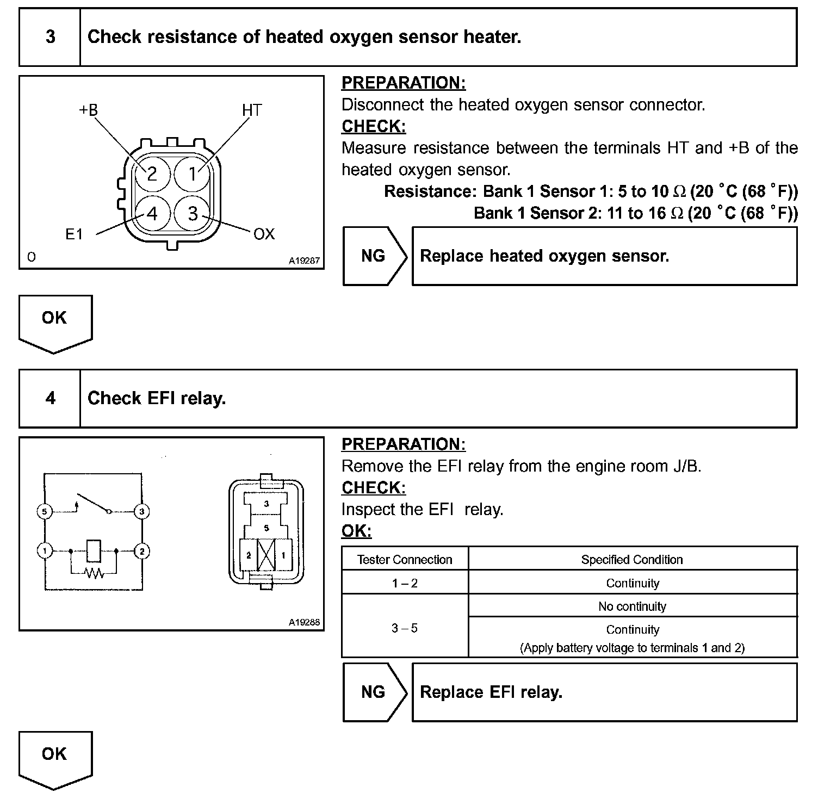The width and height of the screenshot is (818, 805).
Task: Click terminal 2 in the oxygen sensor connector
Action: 152,174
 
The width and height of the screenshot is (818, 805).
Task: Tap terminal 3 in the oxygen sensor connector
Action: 193,213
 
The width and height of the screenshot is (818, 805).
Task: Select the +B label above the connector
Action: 89,110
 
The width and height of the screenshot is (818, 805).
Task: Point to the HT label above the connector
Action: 252,110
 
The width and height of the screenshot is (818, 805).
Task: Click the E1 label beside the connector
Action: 74,234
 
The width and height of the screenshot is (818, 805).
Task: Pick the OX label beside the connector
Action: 264,234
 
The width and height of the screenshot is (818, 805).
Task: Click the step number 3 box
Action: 50,37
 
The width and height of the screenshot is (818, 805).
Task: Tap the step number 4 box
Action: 50,398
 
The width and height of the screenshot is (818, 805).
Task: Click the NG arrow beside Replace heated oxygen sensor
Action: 374,256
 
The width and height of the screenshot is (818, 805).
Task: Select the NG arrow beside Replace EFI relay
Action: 374,692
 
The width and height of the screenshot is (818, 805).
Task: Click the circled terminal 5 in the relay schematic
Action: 45,511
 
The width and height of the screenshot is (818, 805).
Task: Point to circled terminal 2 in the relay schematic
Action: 141,551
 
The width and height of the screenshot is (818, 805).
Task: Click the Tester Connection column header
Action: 405,560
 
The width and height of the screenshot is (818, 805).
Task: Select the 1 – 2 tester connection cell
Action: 405,583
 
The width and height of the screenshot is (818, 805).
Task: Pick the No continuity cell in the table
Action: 632,606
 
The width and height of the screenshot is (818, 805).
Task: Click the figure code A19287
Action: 304,261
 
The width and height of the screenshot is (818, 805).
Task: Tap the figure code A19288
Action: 304,622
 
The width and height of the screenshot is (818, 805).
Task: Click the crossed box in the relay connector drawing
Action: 266,555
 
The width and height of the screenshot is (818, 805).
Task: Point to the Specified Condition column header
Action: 632,560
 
